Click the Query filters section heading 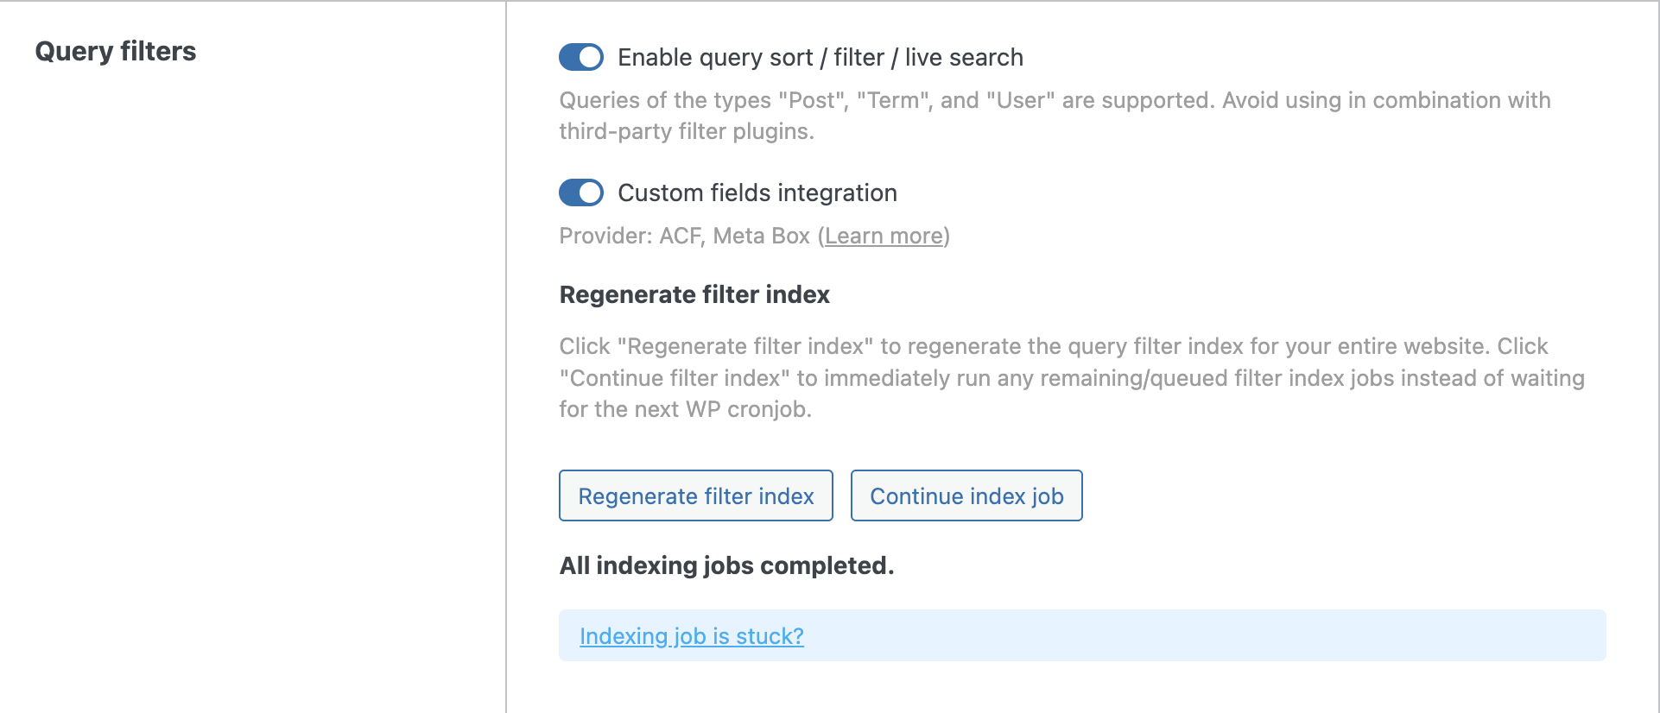pos(116,52)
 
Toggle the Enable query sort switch pos(581,57)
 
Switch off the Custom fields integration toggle pos(581,192)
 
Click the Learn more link pos(884,236)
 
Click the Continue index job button pos(966,496)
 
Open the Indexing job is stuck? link pos(691,636)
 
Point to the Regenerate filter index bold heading pos(694,295)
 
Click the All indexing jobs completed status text pos(726,566)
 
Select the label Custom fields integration pos(757,192)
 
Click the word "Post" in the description pos(812,100)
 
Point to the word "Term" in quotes pos(892,100)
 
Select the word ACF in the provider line pos(681,236)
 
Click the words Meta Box pos(761,236)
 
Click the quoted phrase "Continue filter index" pos(675,378)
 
